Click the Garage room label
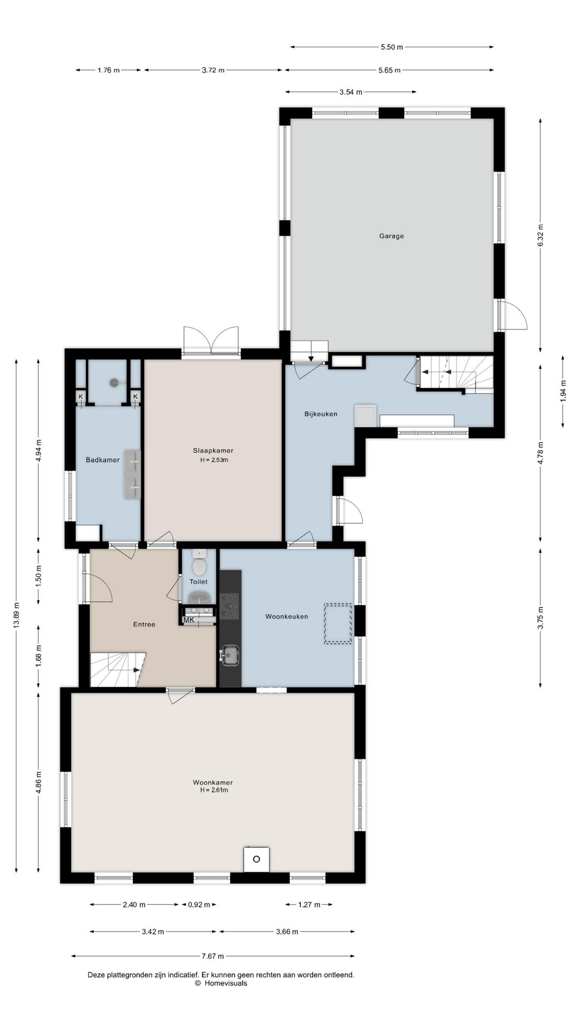click(x=391, y=236)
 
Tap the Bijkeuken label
click(x=321, y=414)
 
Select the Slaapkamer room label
click(x=213, y=451)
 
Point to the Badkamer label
click(x=102, y=460)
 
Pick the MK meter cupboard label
click(x=189, y=620)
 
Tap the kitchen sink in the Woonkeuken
click(x=231, y=654)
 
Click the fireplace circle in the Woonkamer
click(x=256, y=859)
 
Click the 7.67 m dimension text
click(x=213, y=956)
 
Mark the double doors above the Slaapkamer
click(x=211, y=341)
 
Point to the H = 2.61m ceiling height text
click(x=214, y=790)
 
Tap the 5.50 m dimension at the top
click(x=392, y=47)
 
